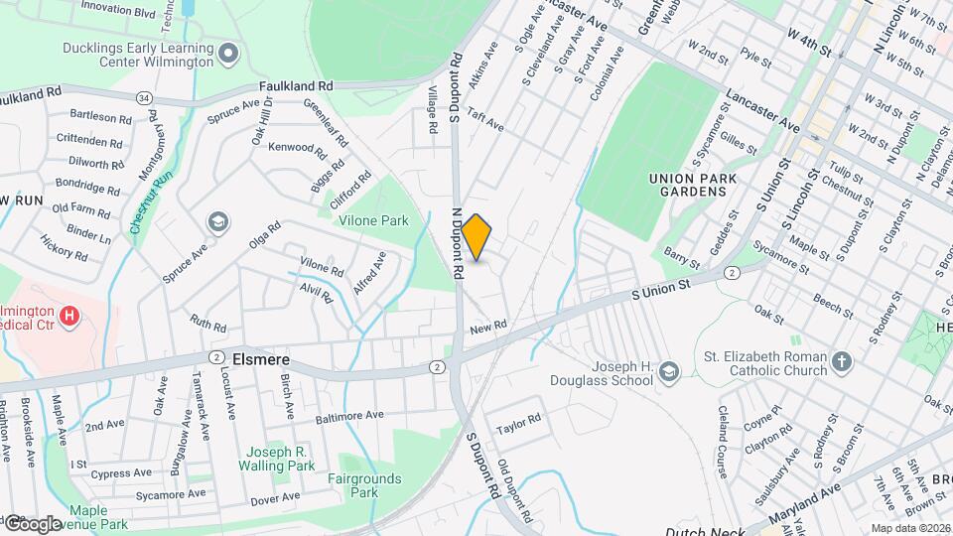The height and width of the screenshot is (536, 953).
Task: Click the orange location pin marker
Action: point(476,237)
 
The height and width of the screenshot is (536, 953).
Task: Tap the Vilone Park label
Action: point(374,219)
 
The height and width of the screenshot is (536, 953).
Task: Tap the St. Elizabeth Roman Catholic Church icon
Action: point(842,360)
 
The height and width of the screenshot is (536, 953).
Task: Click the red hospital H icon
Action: point(69,317)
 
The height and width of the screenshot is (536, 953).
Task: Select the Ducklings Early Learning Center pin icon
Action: point(229,53)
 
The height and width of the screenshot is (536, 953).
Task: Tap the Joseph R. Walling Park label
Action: point(275,458)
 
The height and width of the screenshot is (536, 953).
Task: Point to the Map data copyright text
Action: point(909,528)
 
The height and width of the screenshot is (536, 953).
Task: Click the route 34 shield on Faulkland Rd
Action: point(145,97)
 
